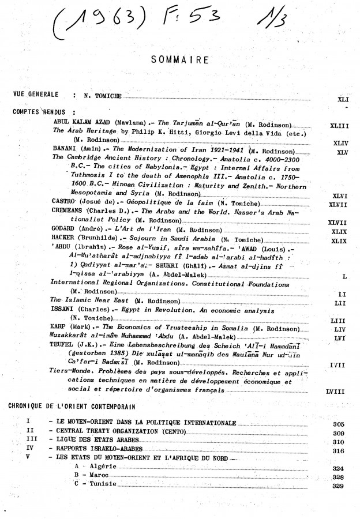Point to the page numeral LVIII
pos(335,392)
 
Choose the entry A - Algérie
pos(96,467)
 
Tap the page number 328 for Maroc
pos(339,478)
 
